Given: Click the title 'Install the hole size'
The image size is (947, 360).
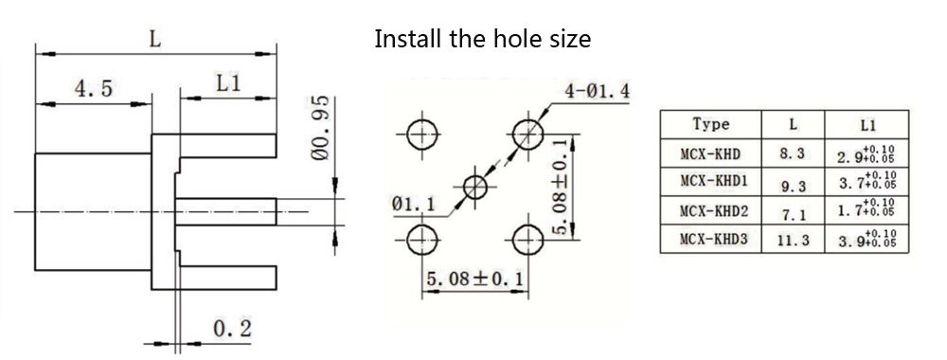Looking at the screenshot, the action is point(483,39).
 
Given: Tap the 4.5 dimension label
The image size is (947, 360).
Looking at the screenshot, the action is point(93,89).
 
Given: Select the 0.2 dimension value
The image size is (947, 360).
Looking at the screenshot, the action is point(233,329).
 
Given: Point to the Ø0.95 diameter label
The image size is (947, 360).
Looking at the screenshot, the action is point(321,128).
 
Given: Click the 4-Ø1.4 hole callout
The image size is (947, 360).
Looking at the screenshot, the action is point(597,91).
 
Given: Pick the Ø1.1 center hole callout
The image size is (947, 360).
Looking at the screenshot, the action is point(413,204).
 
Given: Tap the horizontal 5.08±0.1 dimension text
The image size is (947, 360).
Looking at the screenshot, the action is point(475,279).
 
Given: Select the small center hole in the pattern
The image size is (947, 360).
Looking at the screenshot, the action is point(474,187).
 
